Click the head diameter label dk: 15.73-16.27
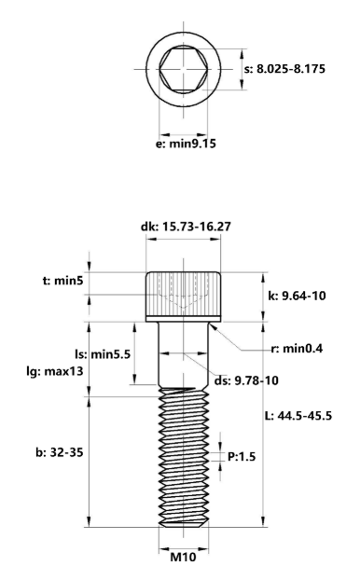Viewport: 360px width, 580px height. (190, 227)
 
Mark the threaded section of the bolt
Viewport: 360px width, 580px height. (183, 457)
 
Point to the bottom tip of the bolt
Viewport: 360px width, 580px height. (183, 525)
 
